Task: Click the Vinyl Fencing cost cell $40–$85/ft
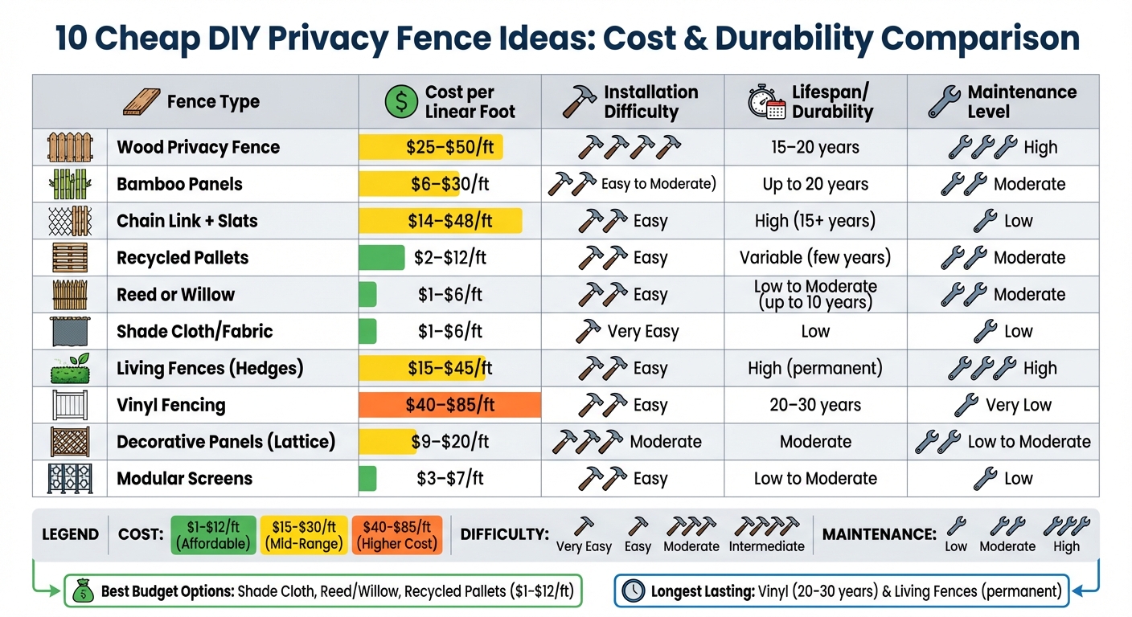pyautogui.click(x=449, y=405)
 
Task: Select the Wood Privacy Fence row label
pyautogui.click(x=198, y=147)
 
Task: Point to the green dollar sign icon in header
pyautogui.click(x=400, y=102)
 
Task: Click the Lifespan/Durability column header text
pyautogui.click(x=831, y=102)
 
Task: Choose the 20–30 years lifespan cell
pyautogui.click(x=815, y=405)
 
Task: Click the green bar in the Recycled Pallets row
pyautogui.click(x=382, y=258)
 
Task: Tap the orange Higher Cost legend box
pyautogui.click(x=397, y=535)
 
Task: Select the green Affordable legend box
pyautogui.click(x=214, y=535)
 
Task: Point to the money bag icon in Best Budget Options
pyautogui.click(x=83, y=592)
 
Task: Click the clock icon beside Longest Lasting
pyautogui.click(x=634, y=592)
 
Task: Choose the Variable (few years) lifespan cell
pyautogui.click(x=815, y=258)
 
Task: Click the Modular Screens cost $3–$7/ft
pyautogui.click(x=449, y=479)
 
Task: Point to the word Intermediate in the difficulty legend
pyautogui.click(x=766, y=546)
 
